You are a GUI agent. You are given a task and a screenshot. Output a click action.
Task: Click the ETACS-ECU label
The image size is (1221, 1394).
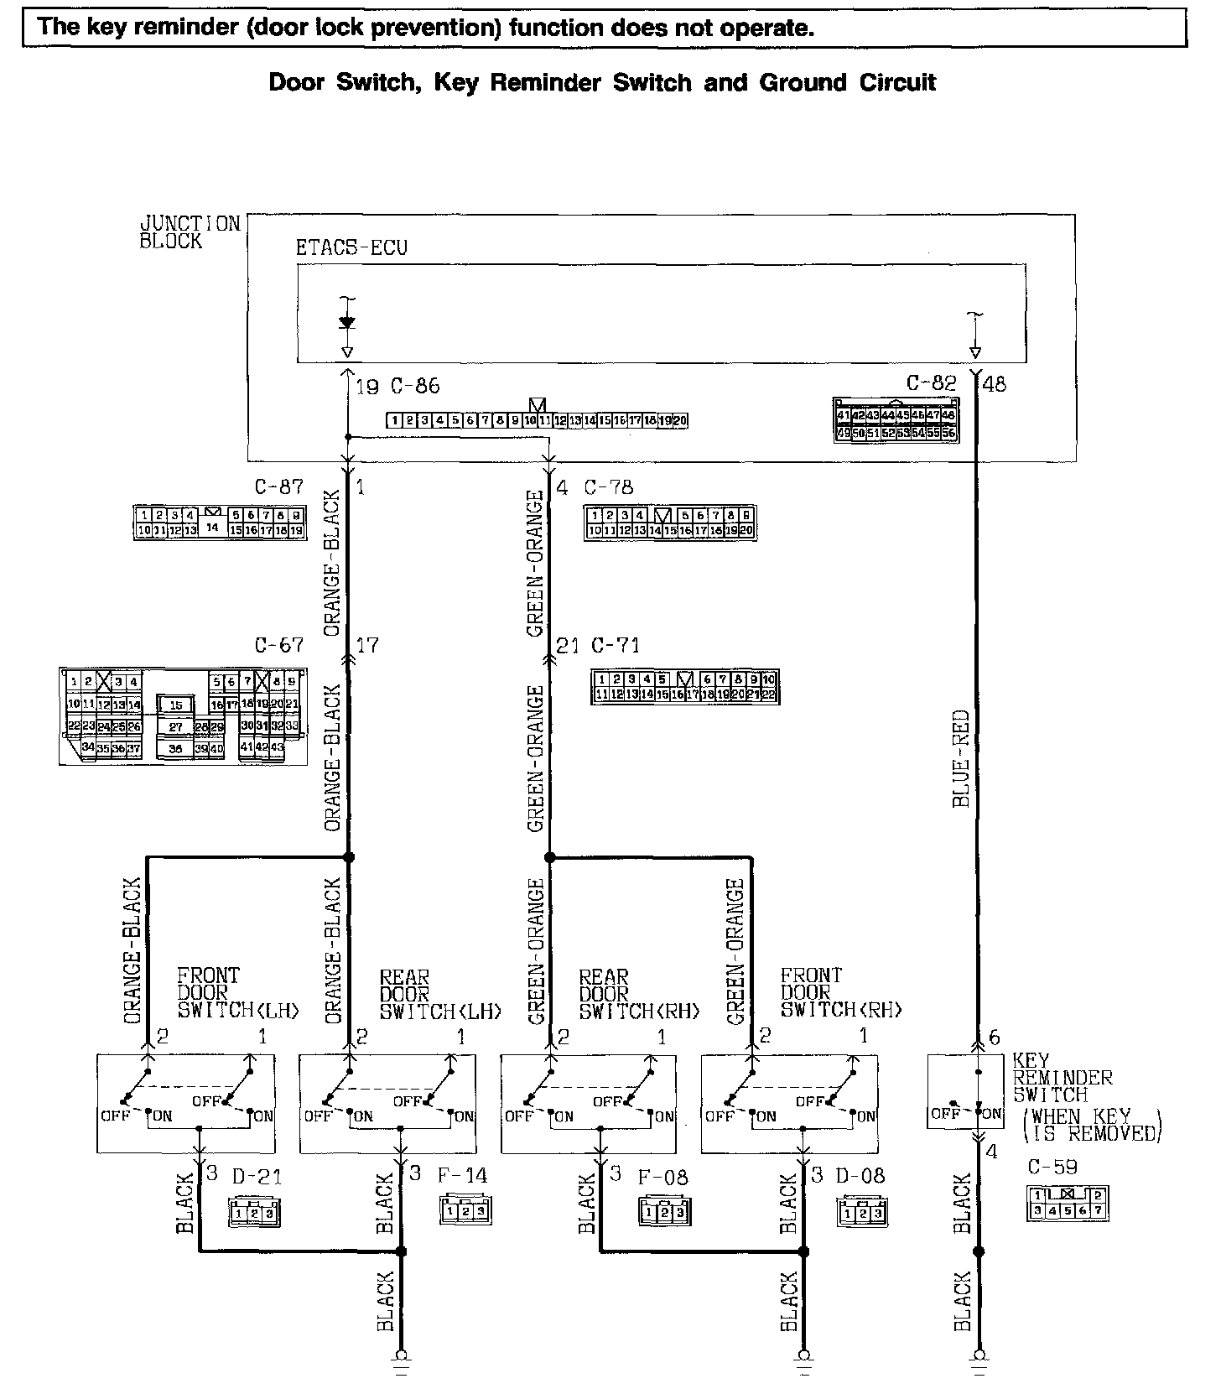(x=351, y=248)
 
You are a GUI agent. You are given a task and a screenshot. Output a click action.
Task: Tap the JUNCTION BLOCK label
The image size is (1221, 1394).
(x=190, y=232)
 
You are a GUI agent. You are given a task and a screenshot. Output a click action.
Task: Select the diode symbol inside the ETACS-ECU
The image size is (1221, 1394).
(x=347, y=323)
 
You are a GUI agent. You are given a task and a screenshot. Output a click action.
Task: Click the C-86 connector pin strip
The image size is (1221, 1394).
(x=537, y=420)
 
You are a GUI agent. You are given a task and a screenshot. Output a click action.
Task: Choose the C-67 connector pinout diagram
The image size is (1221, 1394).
(x=179, y=715)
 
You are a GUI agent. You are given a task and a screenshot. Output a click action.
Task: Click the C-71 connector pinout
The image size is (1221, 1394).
(x=684, y=686)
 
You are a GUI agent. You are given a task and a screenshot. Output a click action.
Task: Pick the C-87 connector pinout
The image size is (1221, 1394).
(x=219, y=522)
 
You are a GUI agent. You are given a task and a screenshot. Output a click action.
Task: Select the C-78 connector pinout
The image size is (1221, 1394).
(x=670, y=523)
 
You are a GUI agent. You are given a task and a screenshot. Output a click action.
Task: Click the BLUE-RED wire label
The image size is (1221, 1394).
(x=962, y=759)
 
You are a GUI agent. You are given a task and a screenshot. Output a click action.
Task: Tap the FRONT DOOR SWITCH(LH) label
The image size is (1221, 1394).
(x=237, y=993)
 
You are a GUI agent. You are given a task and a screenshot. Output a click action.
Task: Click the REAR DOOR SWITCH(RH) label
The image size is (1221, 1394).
(x=639, y=994)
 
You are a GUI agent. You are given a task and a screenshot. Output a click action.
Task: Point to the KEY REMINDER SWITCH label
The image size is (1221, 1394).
(x=1063, y=1078)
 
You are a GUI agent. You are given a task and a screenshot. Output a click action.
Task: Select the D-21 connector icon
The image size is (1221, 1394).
(x=253, y=1211)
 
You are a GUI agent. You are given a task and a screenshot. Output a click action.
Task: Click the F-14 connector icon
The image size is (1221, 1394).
(x=465, y=1210)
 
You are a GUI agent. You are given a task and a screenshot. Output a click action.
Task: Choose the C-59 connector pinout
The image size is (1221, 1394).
(x=1068, y=1202)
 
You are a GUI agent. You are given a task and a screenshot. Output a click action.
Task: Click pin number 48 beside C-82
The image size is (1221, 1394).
(x=995, y=384)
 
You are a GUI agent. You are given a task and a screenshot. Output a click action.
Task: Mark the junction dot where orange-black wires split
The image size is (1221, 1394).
(x=348, y=857)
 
